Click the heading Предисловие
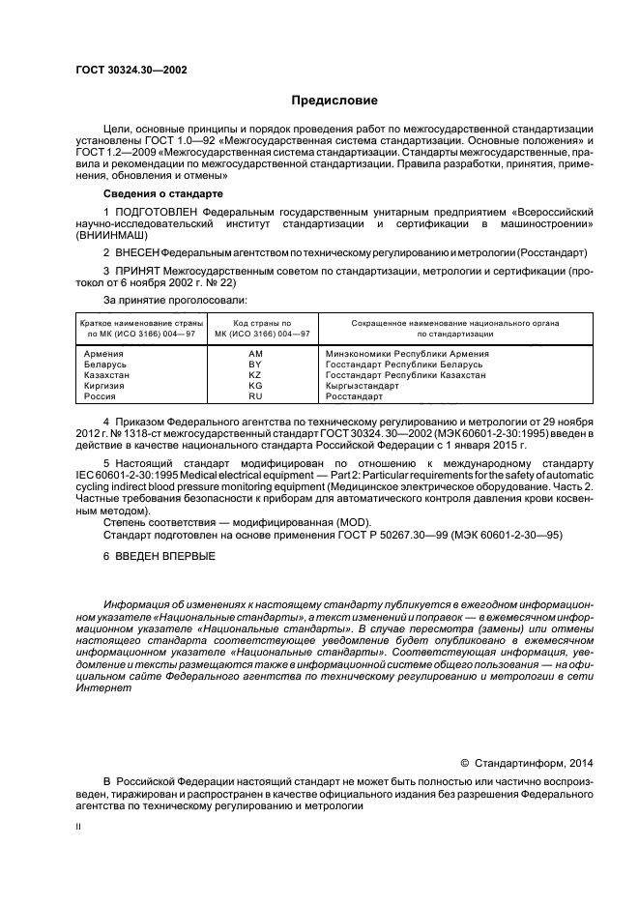pyautogui.click(x=335, y=101)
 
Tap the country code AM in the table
pyautogui.click(x=255, y=354)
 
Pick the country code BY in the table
pyautogui.click(x=255, y=365)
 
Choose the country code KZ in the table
pyautogui.click(x=255, y=375)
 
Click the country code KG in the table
pyautogui.click(x=255, y=386)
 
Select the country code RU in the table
pyautogui.click(x=255, y=396)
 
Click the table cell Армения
pyautogui.click(x=103, y=354)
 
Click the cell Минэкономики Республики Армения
pyautogui.click(x=407, y=354)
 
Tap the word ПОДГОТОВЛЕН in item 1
pyautogui.click(x=159, y=210)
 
